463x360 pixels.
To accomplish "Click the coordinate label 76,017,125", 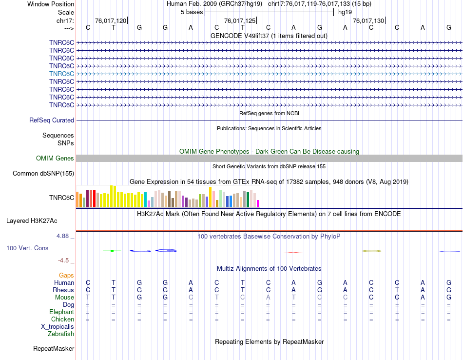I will (239, 20).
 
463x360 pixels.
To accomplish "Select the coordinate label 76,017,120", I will (111, 20).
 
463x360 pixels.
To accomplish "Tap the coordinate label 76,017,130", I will (368, 20).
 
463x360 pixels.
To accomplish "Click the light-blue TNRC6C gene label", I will (61, 74).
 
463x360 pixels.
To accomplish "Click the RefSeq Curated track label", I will (52, 120).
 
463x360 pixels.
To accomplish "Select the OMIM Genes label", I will (55, 158).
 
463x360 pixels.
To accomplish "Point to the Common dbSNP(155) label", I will (43, 173).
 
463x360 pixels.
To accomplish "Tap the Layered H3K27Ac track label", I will (40, 220).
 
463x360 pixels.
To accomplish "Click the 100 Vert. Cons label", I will (27, 248).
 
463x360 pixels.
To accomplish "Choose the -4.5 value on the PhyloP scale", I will (64, 260).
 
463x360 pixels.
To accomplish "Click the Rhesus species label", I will (63, 290).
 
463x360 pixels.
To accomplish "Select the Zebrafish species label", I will (61, 334).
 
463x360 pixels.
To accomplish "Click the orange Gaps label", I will (66, 275).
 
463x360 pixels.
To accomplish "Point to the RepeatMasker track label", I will (54, 349).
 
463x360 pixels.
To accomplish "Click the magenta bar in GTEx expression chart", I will (258, 203).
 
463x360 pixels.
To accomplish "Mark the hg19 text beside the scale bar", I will (345, 12).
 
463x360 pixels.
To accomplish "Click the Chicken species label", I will (62, 319).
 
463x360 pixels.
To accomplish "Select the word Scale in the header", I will (66, 12).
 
